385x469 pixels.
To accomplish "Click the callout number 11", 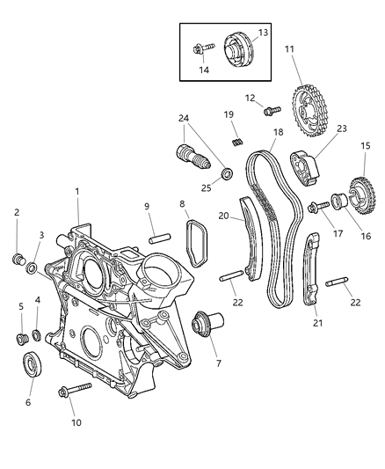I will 289,48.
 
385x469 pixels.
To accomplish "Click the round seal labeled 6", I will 32,364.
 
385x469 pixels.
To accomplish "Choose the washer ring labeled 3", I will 32,268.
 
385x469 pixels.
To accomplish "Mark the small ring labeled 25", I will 226,172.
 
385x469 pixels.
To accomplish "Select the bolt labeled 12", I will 271,112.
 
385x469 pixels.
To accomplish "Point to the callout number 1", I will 77,192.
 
